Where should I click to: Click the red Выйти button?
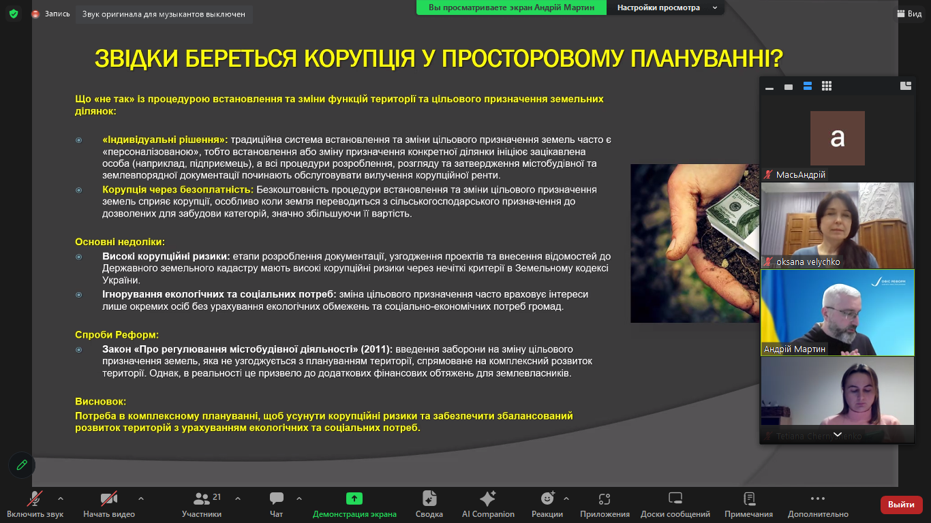pyautogui.click(x=901, y=505)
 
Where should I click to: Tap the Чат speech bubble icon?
pyautogui.click(x=277, y=498)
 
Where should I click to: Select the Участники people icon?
pyautogui.click(x=202, y=498)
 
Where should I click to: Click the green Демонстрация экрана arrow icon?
pyautogui.click(x=354, y=498)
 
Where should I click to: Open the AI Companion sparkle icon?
pyautogui.click(x=488, y=498)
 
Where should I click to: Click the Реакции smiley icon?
pyautogui.click(x=547, y=498)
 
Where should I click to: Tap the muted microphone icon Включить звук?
pyautogui.click(x=35, y=498)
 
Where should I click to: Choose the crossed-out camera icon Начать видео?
pyautogui.click(x=109, y=498)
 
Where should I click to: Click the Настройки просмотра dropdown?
pyautogui.click(x=665, y=7)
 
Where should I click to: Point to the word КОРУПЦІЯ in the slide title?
pyautogui.click(x=359, y=58)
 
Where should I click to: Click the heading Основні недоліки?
pyautogui.click(x=120, y=242)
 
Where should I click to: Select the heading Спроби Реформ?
pyautogui.click(x=117, y=335)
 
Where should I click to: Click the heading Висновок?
pyautogui.click(x=101, y=402)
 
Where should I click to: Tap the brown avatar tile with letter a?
pyautogui.click(x=838, y=138)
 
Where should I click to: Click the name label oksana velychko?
pyautogui.click(x=808, y=262)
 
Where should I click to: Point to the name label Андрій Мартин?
pyautogui.click(x=794, y=349)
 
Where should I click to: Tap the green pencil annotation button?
pyautogui.click(x=22, y=465)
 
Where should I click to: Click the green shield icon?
pyautogui.click(x=14, y=14)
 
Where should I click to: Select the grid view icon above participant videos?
pyautogui.click(x=827, y=86)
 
